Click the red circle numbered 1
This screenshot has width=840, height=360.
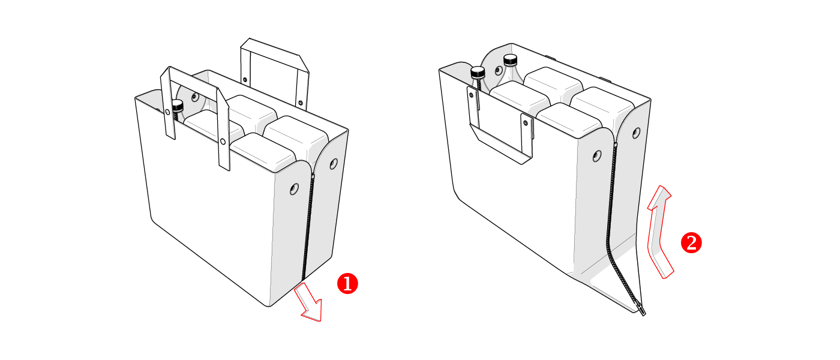347,283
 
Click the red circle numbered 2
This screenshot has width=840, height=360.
691,243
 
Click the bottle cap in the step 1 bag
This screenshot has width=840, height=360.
177,106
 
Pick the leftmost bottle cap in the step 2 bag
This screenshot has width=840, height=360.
478,72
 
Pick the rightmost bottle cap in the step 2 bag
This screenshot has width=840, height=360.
511,60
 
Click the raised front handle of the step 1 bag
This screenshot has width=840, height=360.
195,116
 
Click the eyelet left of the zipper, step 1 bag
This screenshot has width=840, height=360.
295,188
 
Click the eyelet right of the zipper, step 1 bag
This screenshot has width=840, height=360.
334,164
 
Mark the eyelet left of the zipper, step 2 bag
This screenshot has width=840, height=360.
597,155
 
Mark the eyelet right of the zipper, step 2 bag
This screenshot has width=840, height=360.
637,133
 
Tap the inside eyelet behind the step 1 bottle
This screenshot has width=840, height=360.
194,97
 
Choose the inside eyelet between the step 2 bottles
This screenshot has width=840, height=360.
499,70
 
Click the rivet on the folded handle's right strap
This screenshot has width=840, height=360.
526,122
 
